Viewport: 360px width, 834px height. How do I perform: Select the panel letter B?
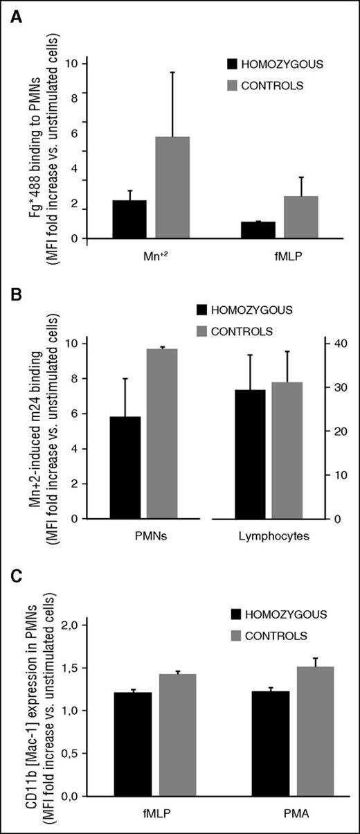tap(15, 293)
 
